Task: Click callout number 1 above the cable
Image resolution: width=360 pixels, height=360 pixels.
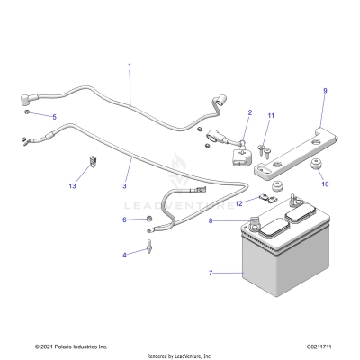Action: click(x=130, y=66)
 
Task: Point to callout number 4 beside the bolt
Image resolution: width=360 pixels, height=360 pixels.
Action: click(x=124, y=255)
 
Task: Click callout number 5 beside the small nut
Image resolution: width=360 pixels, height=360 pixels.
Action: click(x=54, y=117)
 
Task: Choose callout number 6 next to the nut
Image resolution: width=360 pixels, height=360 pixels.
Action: click(x=124, y=220)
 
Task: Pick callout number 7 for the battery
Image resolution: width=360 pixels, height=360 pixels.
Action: click(x=211, y=272)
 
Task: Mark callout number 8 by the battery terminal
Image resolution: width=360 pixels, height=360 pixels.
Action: click(x=211, y=220)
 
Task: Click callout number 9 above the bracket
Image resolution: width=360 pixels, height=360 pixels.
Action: click(x=325, y=91)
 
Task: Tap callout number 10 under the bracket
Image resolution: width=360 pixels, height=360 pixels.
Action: click(x=325, y=184)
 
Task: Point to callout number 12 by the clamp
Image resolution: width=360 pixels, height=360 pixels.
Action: click(x=238, y=203)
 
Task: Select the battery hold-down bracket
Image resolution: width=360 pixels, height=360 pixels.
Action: click(x=297, y=148)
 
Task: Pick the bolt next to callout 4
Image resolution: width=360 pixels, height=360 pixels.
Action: click(x=148, y=245)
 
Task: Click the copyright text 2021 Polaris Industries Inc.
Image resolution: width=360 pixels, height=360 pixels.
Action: click(x=71, y=346)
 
